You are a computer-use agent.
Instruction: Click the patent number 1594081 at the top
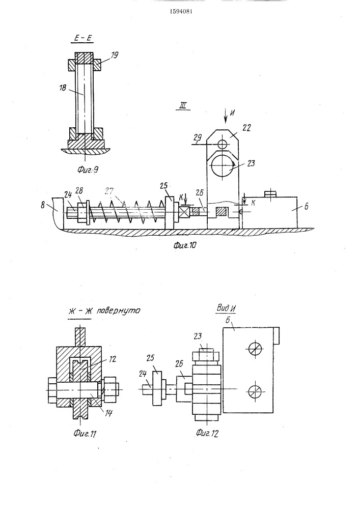[181, 12]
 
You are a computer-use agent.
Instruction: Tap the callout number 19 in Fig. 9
[114, 55]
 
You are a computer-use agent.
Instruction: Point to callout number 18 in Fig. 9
[63, 88]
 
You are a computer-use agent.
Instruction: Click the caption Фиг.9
[88, 169]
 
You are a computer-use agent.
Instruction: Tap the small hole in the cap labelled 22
[223, 143]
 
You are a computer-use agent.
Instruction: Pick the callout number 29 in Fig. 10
[197, 137]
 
